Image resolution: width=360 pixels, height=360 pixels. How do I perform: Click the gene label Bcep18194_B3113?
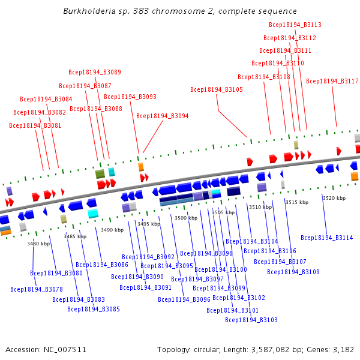pyautogui.click(x=295, y=25)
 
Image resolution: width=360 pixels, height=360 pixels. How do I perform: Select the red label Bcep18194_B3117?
pyautogui.click(x=332, y=82)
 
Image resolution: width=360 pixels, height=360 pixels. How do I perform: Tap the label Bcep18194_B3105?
pyautogui.click(x=217, y=90)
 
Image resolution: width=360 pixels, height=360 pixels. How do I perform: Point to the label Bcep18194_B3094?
pyautogui.click(x=162, y=116)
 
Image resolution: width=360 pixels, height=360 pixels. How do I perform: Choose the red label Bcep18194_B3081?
pyautogui.click(x=35, y=126)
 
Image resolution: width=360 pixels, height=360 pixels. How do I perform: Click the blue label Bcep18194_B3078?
pyautogui.click(x=36, y=289)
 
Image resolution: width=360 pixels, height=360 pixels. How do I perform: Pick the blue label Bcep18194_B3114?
pyautogui.click(x=326, y=238)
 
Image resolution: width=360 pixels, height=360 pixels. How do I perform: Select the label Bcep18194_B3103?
pyautogui.click(x=251, y=320)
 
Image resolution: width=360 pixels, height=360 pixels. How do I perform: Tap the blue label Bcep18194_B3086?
pyautogui.click(x=102, y=265)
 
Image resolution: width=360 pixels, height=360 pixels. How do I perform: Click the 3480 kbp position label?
pyautogui.click(x=38, y=244)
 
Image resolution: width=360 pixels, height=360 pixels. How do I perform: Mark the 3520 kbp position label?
pyautogui.click(x=334, y=198)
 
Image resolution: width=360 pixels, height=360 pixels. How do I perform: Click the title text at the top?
pyautogui.click(x=180, y=11)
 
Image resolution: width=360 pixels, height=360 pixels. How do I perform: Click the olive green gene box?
pyautogui.click(x=100, y=174)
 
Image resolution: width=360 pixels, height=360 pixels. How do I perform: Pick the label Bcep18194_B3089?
pyautogui.click(x=94, y=73)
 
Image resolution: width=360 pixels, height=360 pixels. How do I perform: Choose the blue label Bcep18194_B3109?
pyautogui.click(x=293, y=272)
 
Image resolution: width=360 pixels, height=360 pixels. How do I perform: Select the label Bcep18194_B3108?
pyautogui.click(x=263, y=77)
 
